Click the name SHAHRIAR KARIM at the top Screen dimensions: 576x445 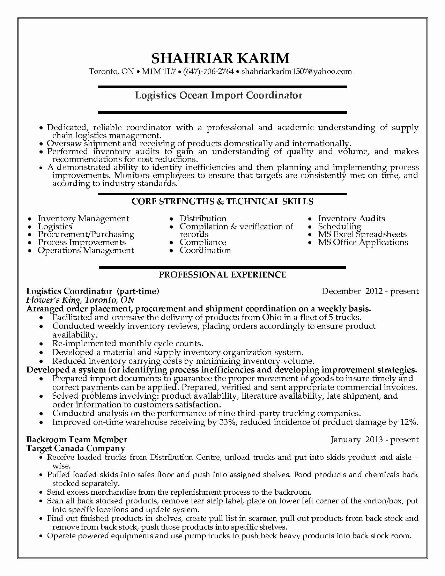tap(220, 58)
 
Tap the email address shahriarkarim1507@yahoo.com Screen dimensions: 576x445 tap(297, 72)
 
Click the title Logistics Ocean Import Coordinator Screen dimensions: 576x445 tap(219, 95)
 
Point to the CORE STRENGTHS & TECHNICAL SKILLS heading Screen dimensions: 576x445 tap(222, 201)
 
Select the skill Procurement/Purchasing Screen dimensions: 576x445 tap(86, 234)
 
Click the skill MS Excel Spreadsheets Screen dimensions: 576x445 tap(362, 234)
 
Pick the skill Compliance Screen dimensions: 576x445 tap(202, 242)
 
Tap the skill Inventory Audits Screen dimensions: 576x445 tap(351, 219)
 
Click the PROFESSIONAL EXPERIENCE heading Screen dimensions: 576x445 tap(222, 275)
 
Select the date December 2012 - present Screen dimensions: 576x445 tap(370, 291)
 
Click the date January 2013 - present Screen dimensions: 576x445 tap(374, 440)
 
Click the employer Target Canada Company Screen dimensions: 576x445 tap(76, 448)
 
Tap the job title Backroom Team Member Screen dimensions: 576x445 tap(77, 440)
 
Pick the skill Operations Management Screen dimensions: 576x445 tap(86, 250)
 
